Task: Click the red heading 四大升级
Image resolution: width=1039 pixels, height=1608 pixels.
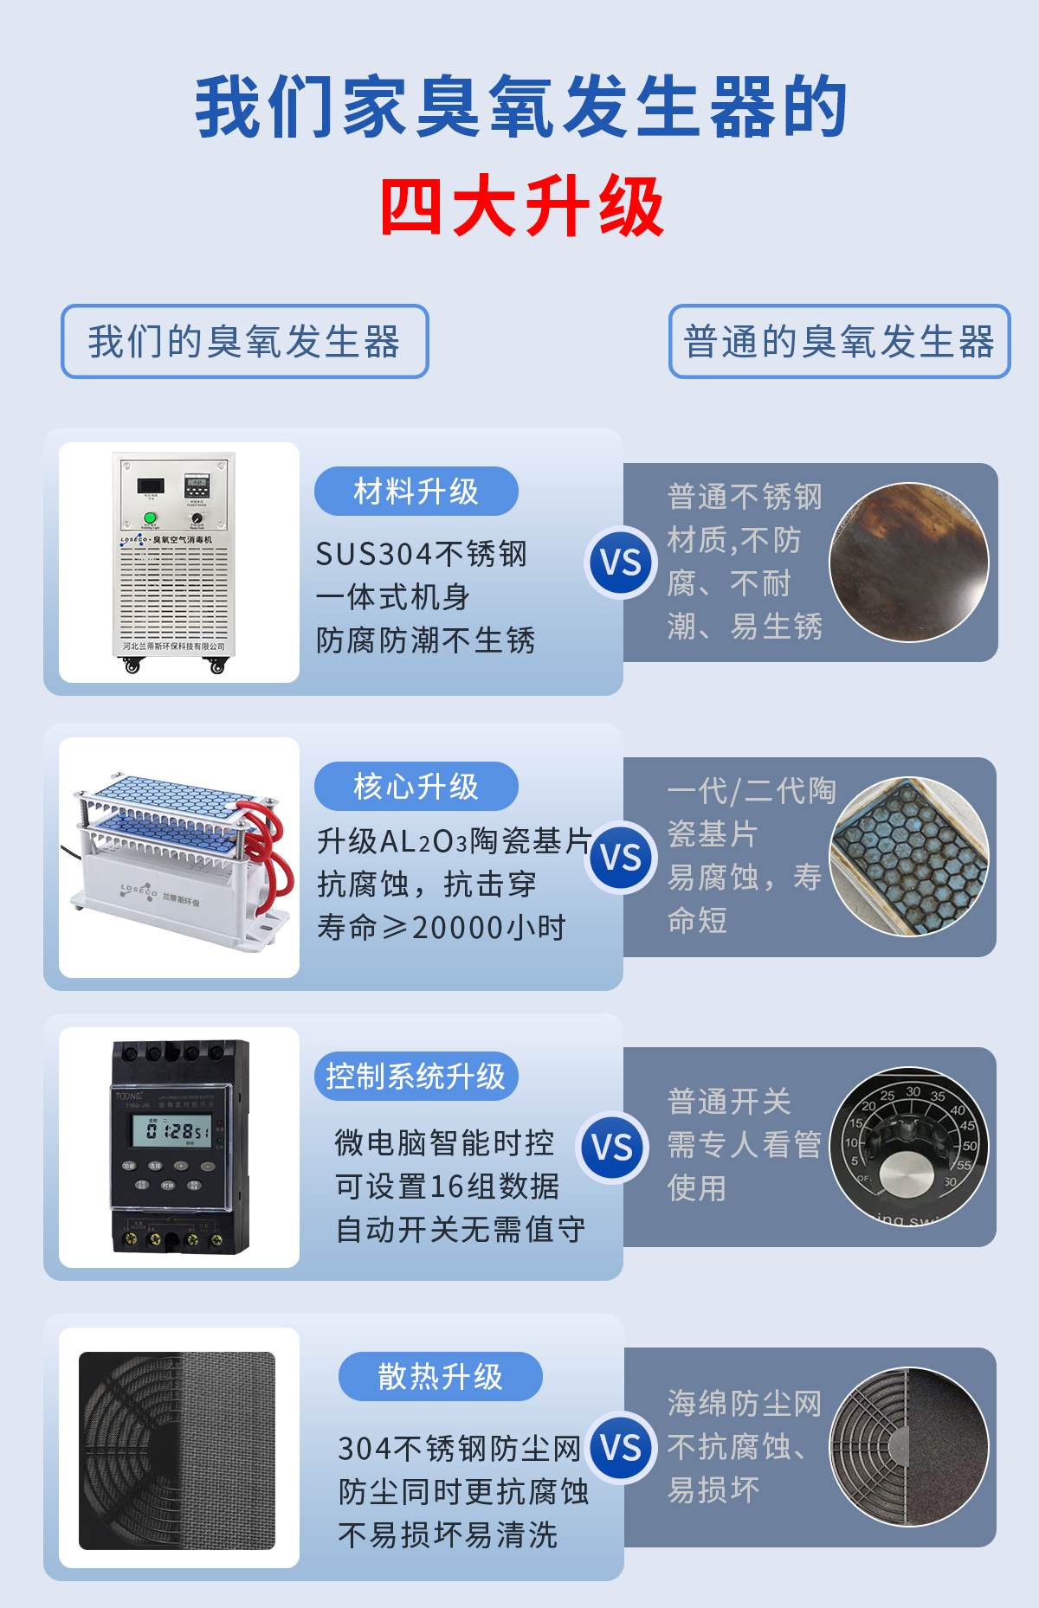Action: tap(521, 208)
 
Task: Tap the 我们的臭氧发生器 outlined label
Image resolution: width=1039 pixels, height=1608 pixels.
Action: tap(244, 342)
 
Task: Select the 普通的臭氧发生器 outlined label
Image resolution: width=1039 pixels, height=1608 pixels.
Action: tap(839, 342)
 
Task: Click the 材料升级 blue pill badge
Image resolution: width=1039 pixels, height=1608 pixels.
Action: tap(416, 492)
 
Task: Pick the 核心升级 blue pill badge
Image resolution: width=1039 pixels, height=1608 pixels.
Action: tap(416, 787)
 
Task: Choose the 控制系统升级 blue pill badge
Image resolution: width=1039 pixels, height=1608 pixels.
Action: tap(416, 1077)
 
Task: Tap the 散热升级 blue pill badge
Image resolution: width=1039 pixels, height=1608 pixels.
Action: tap(440, 1376)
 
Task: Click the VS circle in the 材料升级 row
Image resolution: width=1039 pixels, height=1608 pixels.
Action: tap(621, 563)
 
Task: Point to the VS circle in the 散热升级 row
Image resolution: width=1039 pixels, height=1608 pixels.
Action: tap(621, 1448)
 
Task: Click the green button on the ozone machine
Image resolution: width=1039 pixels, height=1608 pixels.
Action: tap(150, 518)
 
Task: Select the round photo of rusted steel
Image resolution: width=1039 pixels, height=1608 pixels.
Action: tap(908, 563)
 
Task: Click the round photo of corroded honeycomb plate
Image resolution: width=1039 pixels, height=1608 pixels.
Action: tap(908, 857)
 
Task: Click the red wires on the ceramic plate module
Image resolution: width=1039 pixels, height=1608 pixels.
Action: tap(272, 857)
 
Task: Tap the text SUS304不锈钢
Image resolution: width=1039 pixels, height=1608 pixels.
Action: tap(421, 554)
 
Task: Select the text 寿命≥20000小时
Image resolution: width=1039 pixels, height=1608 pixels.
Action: tap(441, 928)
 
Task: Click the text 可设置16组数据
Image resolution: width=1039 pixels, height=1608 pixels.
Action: tap(447, 1187)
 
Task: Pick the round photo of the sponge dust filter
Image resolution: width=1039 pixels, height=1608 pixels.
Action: tap(908, 1447)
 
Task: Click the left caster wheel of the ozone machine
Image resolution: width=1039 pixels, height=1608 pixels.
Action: tap(132, 666)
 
